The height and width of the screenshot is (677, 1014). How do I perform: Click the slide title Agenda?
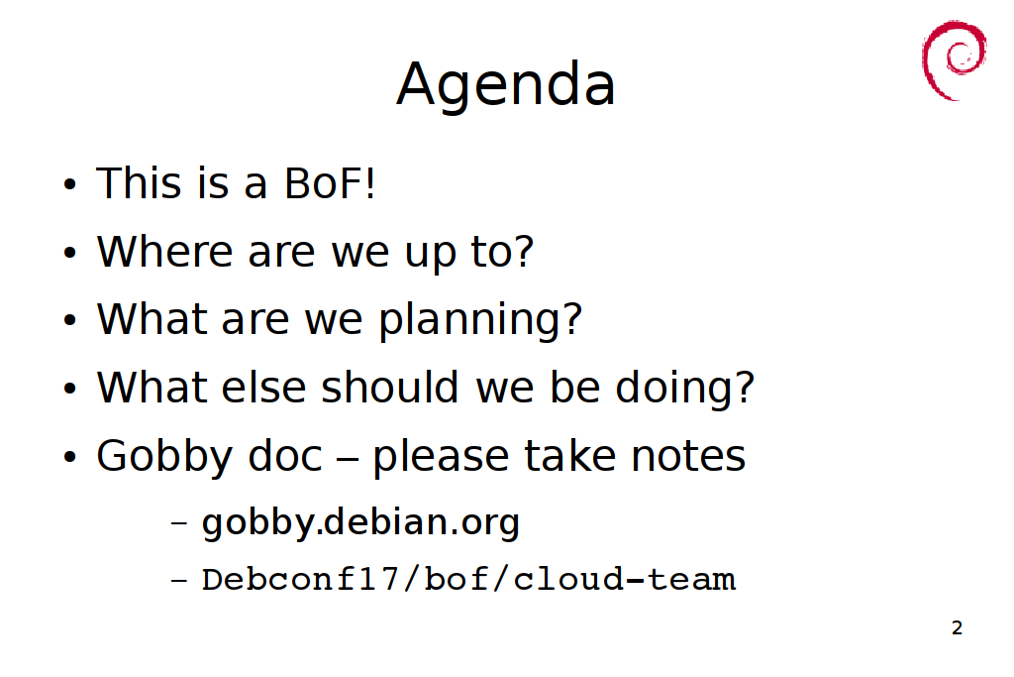pos(506,85)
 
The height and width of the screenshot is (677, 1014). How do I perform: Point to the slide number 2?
pos(958,627)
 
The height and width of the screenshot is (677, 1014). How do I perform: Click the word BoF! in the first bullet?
pos(330,183)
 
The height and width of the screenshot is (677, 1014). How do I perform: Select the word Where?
pos(165,251)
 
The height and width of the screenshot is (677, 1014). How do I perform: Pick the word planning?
pos(480,321)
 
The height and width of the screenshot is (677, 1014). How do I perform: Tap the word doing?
pos(685,389)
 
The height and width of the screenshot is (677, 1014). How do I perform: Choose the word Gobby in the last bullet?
pos(164,457)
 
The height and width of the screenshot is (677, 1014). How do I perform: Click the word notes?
pos(688,456)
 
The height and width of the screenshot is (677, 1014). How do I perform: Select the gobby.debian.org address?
pos(360,523)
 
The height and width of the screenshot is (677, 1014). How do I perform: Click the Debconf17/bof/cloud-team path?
pos(468,579)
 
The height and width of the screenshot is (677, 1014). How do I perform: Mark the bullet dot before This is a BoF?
pos(70,184)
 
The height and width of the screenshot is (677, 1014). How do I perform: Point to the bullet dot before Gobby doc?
pos(70,457)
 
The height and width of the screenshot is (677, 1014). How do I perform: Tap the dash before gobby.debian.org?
pos(179,523)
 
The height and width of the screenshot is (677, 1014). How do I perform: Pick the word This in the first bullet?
pos(139,183)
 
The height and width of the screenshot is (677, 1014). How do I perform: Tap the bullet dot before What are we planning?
pos(70,320)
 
